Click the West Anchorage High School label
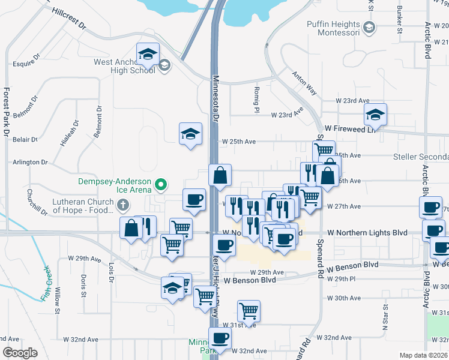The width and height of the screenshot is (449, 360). pos(124,66)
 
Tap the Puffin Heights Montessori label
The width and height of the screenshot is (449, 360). pos(333,28)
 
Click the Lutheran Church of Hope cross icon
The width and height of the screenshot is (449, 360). pos(123,205)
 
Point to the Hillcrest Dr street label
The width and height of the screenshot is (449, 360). pos(69,19)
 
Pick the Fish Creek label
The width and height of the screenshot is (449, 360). pos(46,283)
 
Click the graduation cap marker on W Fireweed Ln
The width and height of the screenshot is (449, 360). pos(375,114)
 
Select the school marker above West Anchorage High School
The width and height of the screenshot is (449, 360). pos(148,54)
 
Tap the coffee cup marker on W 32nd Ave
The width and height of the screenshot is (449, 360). pos(220,338)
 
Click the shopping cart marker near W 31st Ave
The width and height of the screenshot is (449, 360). pos(249,311)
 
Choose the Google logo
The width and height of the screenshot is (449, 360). pos(19,353)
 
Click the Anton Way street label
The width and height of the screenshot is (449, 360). pos(304,83)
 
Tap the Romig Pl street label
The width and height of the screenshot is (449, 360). pos(256,100)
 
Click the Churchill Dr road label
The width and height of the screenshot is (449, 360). pos(37,202)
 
